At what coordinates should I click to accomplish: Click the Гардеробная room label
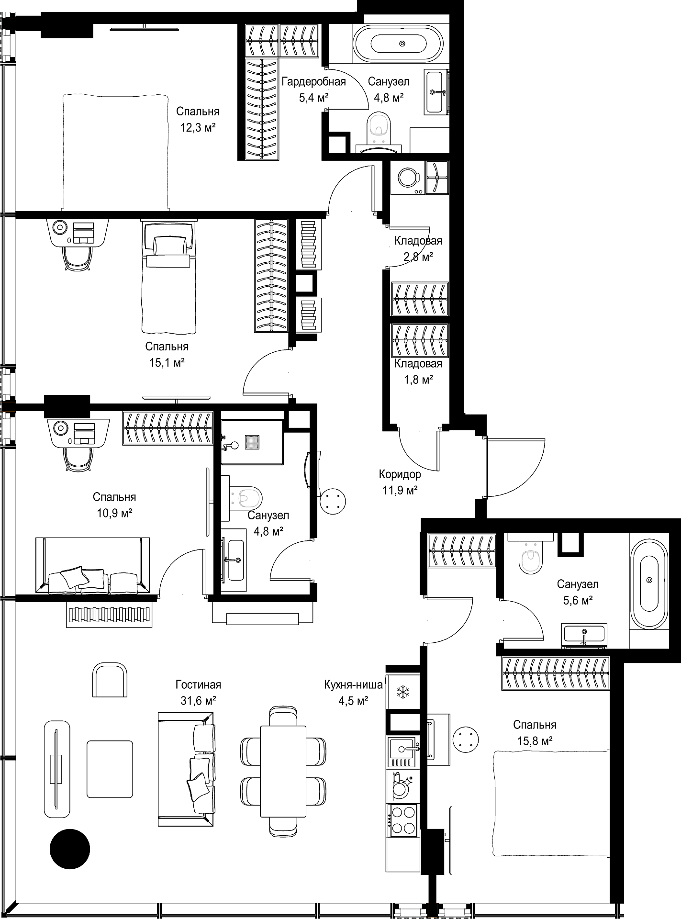pyautogui.click(x=313, y=81)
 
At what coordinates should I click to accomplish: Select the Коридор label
pyautogui.click(x=400, y=474)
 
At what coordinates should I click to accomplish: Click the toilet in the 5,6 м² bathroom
pyautogui.click(x=530, y=556)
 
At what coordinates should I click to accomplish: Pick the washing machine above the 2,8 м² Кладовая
pyautogui.click(x=408, y=178)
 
